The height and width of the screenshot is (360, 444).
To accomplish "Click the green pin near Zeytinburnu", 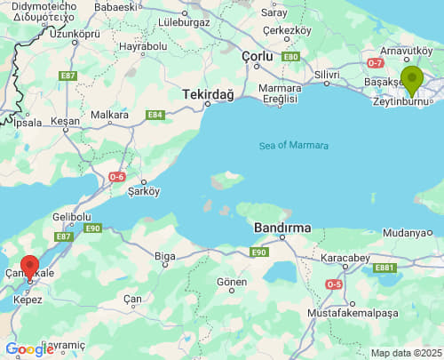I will pos(411,79).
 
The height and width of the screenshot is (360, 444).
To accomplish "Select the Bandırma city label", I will pos(282,228).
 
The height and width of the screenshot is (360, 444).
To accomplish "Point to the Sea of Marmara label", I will pos(294,146).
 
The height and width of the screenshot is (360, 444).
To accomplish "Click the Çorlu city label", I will pos(256,56).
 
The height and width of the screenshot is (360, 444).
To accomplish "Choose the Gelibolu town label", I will pos(72,217).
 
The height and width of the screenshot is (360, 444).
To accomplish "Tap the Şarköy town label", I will pos(143,190).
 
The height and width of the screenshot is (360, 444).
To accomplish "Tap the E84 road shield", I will pos(155,115).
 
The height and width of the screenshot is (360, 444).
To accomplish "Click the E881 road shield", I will pos(385,267).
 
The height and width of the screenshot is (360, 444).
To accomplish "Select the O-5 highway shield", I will pos(334,284).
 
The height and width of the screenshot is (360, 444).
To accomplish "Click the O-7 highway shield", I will pos(375,62).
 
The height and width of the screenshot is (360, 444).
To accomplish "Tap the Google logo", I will pos(29,349).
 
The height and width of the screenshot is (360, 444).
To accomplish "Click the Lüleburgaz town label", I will pos(183,22).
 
